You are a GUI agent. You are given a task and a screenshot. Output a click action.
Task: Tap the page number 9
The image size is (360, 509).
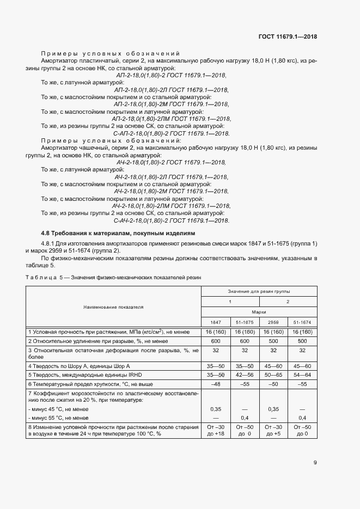(x=315, y=463)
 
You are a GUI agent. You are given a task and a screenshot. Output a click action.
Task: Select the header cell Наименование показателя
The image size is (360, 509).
(x=113, y=307)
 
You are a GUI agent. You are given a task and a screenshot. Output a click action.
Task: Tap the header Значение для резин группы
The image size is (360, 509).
(x=259, y=292)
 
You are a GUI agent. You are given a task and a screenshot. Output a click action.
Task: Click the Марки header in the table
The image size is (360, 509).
(x=259, y=312)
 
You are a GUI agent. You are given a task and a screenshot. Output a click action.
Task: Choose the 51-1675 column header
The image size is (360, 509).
(x=245, y=322)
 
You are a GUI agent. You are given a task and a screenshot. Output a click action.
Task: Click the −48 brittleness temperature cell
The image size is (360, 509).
(x=216, y=384)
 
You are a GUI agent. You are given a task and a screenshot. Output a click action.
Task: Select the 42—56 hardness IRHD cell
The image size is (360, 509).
(x=245, y=375)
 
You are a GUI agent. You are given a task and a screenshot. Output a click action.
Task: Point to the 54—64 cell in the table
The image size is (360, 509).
(x=302, y=375)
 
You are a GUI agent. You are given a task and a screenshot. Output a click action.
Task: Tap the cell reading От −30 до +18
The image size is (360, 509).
(x=216, y=431)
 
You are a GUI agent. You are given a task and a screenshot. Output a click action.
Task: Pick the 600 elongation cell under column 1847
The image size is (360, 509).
(x=216, y=341)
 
